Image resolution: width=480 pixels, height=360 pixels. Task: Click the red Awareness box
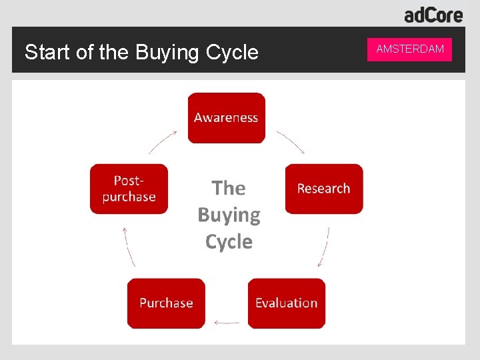[226, 118]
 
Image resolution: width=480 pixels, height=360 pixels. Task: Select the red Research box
[324, 189]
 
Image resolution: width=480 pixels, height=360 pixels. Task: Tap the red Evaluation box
[287, 303]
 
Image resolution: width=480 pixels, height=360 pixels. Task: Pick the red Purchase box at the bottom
[166, 303]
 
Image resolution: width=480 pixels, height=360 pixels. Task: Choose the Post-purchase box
[129, 189]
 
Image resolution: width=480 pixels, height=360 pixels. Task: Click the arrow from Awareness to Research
[291, 141]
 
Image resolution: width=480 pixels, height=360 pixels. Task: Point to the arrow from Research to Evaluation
[324, 247]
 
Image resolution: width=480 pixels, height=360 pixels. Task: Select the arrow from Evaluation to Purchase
[227, 323]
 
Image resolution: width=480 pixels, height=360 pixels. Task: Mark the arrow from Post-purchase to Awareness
[162, 141]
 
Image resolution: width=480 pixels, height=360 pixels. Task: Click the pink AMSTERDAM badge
[409, 49]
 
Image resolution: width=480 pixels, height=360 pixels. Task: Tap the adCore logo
[433, 15]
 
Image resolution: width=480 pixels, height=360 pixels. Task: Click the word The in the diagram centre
[229, 188]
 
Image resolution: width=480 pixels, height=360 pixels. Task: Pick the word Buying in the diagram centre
[229, 215]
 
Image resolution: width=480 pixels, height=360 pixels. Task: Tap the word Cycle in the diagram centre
[229, 241]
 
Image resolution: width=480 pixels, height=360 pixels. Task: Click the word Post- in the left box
[129, 180]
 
